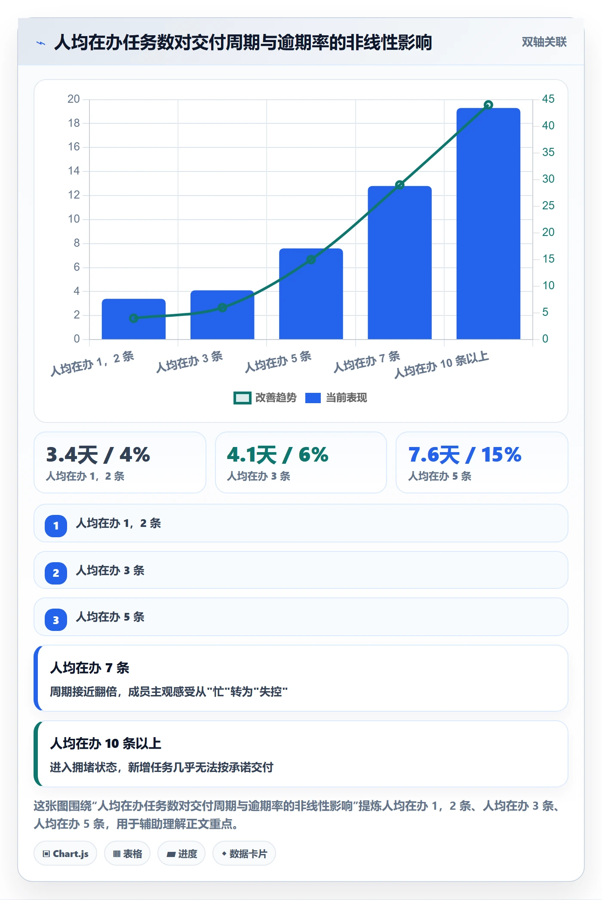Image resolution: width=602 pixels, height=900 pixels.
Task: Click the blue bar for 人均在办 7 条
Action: tap(399, 262)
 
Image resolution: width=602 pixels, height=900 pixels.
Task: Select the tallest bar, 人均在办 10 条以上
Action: tap(488, 223)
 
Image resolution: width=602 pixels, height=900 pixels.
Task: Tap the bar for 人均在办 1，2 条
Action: tap(134, 319)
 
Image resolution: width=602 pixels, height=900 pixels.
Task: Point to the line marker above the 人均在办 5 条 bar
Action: tap(311, 260)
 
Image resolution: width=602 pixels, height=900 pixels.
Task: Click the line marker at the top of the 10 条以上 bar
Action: tap(488, 105)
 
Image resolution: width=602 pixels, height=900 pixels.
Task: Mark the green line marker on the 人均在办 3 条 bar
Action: tap(222, 307)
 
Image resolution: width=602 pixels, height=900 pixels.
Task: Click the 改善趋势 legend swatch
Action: tap(242, 398)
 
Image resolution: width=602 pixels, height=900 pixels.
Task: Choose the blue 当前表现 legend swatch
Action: tap(313, 398)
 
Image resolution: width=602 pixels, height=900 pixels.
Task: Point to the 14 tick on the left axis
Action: tap(74, 171)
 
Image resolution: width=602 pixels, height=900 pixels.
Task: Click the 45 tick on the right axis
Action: tap(548, 99)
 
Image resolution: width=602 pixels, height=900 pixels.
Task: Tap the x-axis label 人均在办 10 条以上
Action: tap(442, 365)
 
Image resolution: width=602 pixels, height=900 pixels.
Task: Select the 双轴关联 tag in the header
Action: tap(544, 42)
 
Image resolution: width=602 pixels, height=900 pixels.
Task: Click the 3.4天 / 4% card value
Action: tap(98, 455)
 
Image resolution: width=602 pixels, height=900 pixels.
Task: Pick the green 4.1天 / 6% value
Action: tap(278, 455)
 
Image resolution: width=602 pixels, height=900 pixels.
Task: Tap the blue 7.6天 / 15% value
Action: tap(465, 455)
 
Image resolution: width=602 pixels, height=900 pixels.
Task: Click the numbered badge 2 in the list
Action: tap(56, 573)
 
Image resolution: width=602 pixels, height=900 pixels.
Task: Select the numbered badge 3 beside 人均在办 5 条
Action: tap(56, 620)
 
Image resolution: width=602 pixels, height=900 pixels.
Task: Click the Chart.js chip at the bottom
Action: tap(65, 854)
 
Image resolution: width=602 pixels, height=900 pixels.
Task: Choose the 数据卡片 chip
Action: tap(244, 854)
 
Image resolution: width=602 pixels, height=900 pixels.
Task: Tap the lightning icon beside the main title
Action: tap(41, 43)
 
